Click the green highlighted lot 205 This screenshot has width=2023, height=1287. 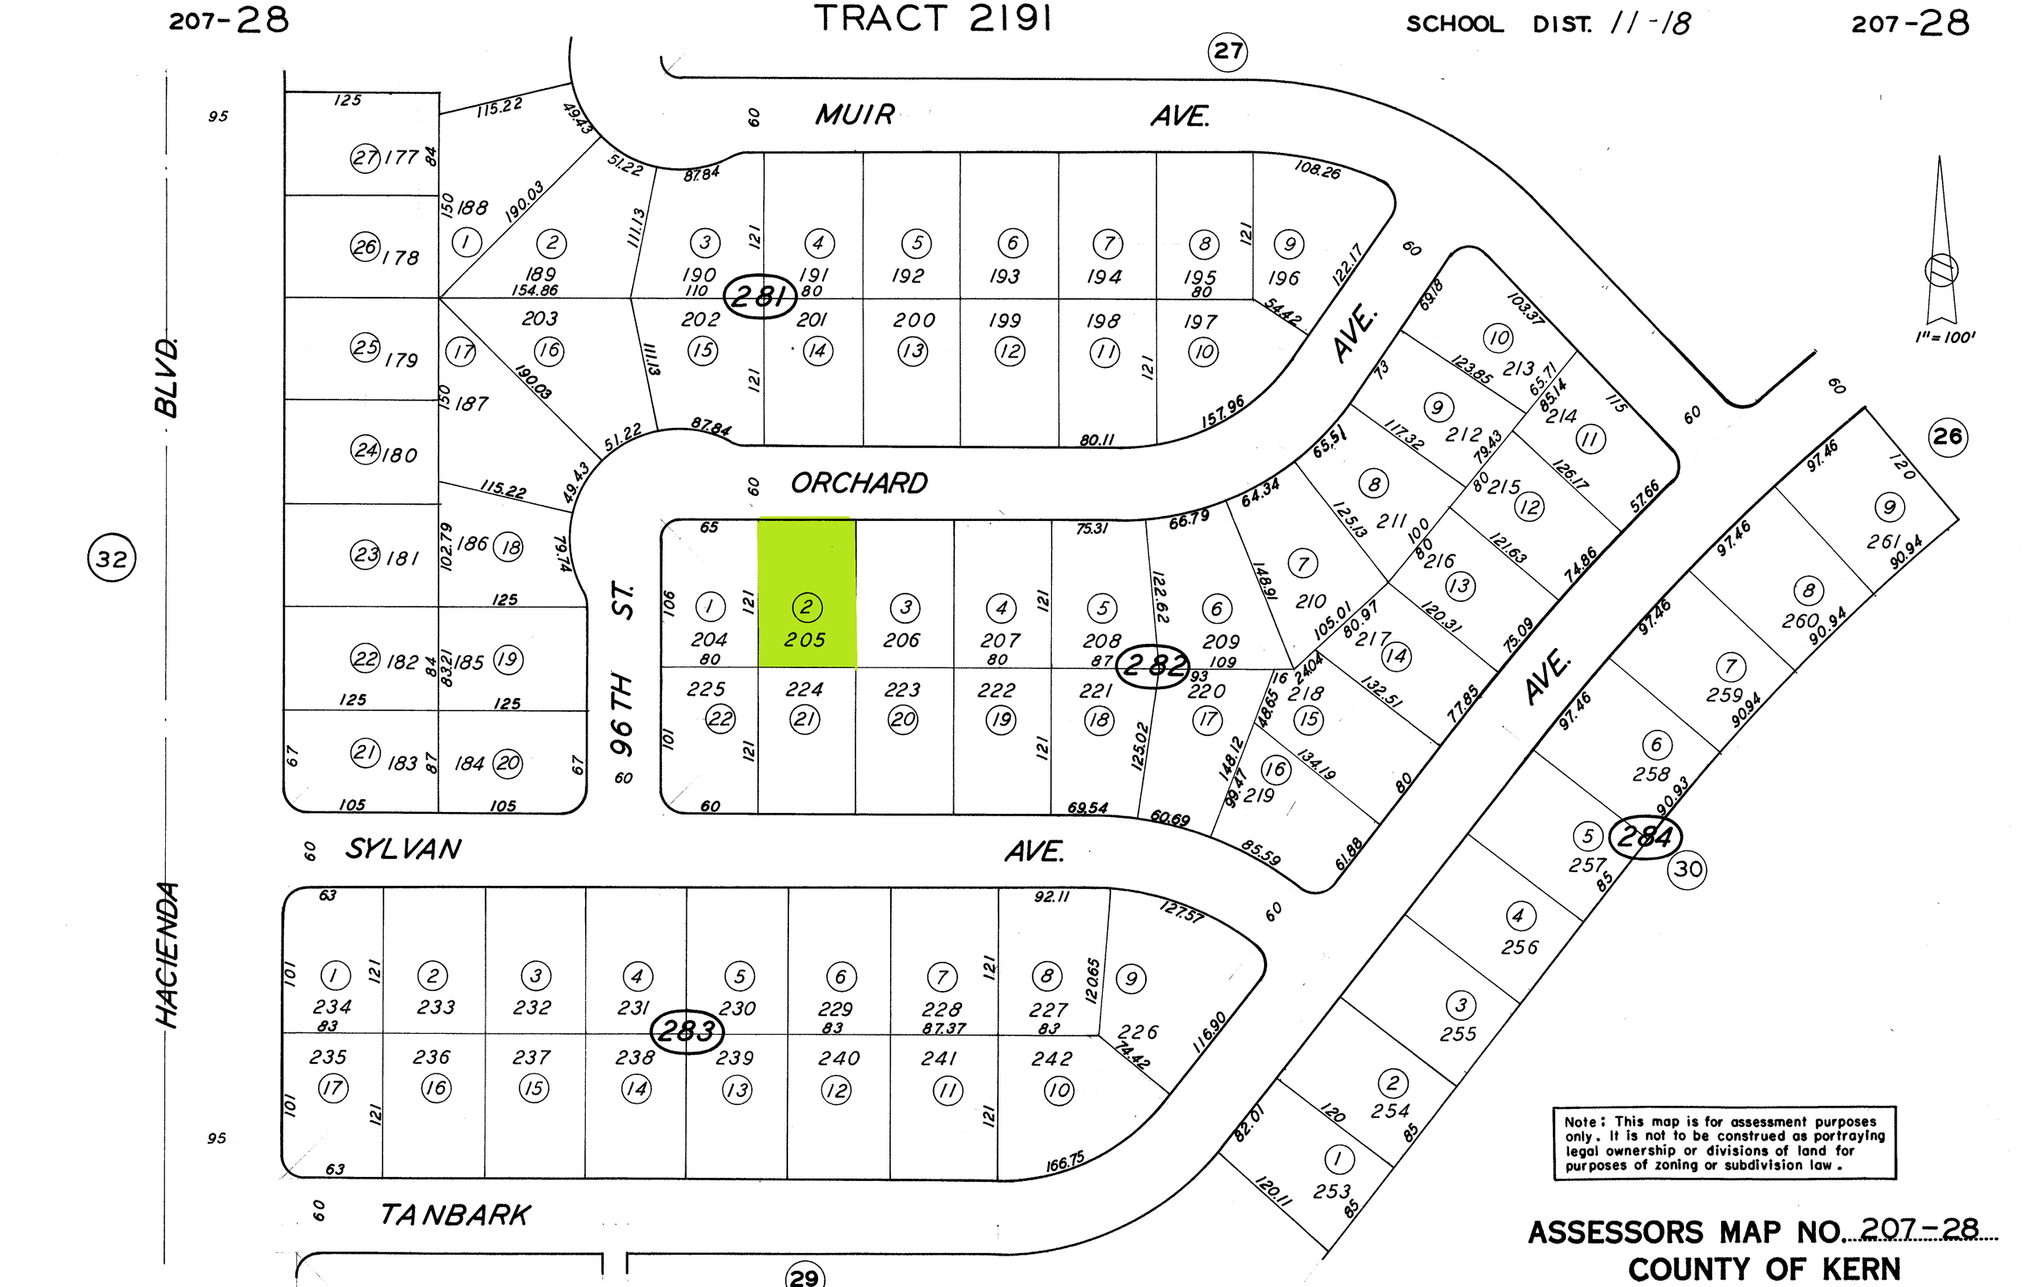point(807,592)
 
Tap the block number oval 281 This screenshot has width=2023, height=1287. point(760,296)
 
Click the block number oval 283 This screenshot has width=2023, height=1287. point(687,1031)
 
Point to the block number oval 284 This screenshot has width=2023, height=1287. point(1645,836)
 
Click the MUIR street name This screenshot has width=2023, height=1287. point(855,115)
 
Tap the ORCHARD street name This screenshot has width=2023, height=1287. point(859,483)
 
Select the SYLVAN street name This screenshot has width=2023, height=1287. point(403,849)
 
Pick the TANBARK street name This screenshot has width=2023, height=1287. point(455,1215)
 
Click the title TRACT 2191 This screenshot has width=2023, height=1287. point(932,19)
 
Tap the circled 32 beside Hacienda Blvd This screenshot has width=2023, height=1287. point(112,559)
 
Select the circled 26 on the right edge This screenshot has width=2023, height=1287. point(1948,437)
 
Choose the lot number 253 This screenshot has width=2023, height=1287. point(1332,1192)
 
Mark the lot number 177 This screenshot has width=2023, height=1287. point(401,157)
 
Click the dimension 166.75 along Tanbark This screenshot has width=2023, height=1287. point(1065,1162)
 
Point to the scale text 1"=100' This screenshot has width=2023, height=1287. point(1945,337)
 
